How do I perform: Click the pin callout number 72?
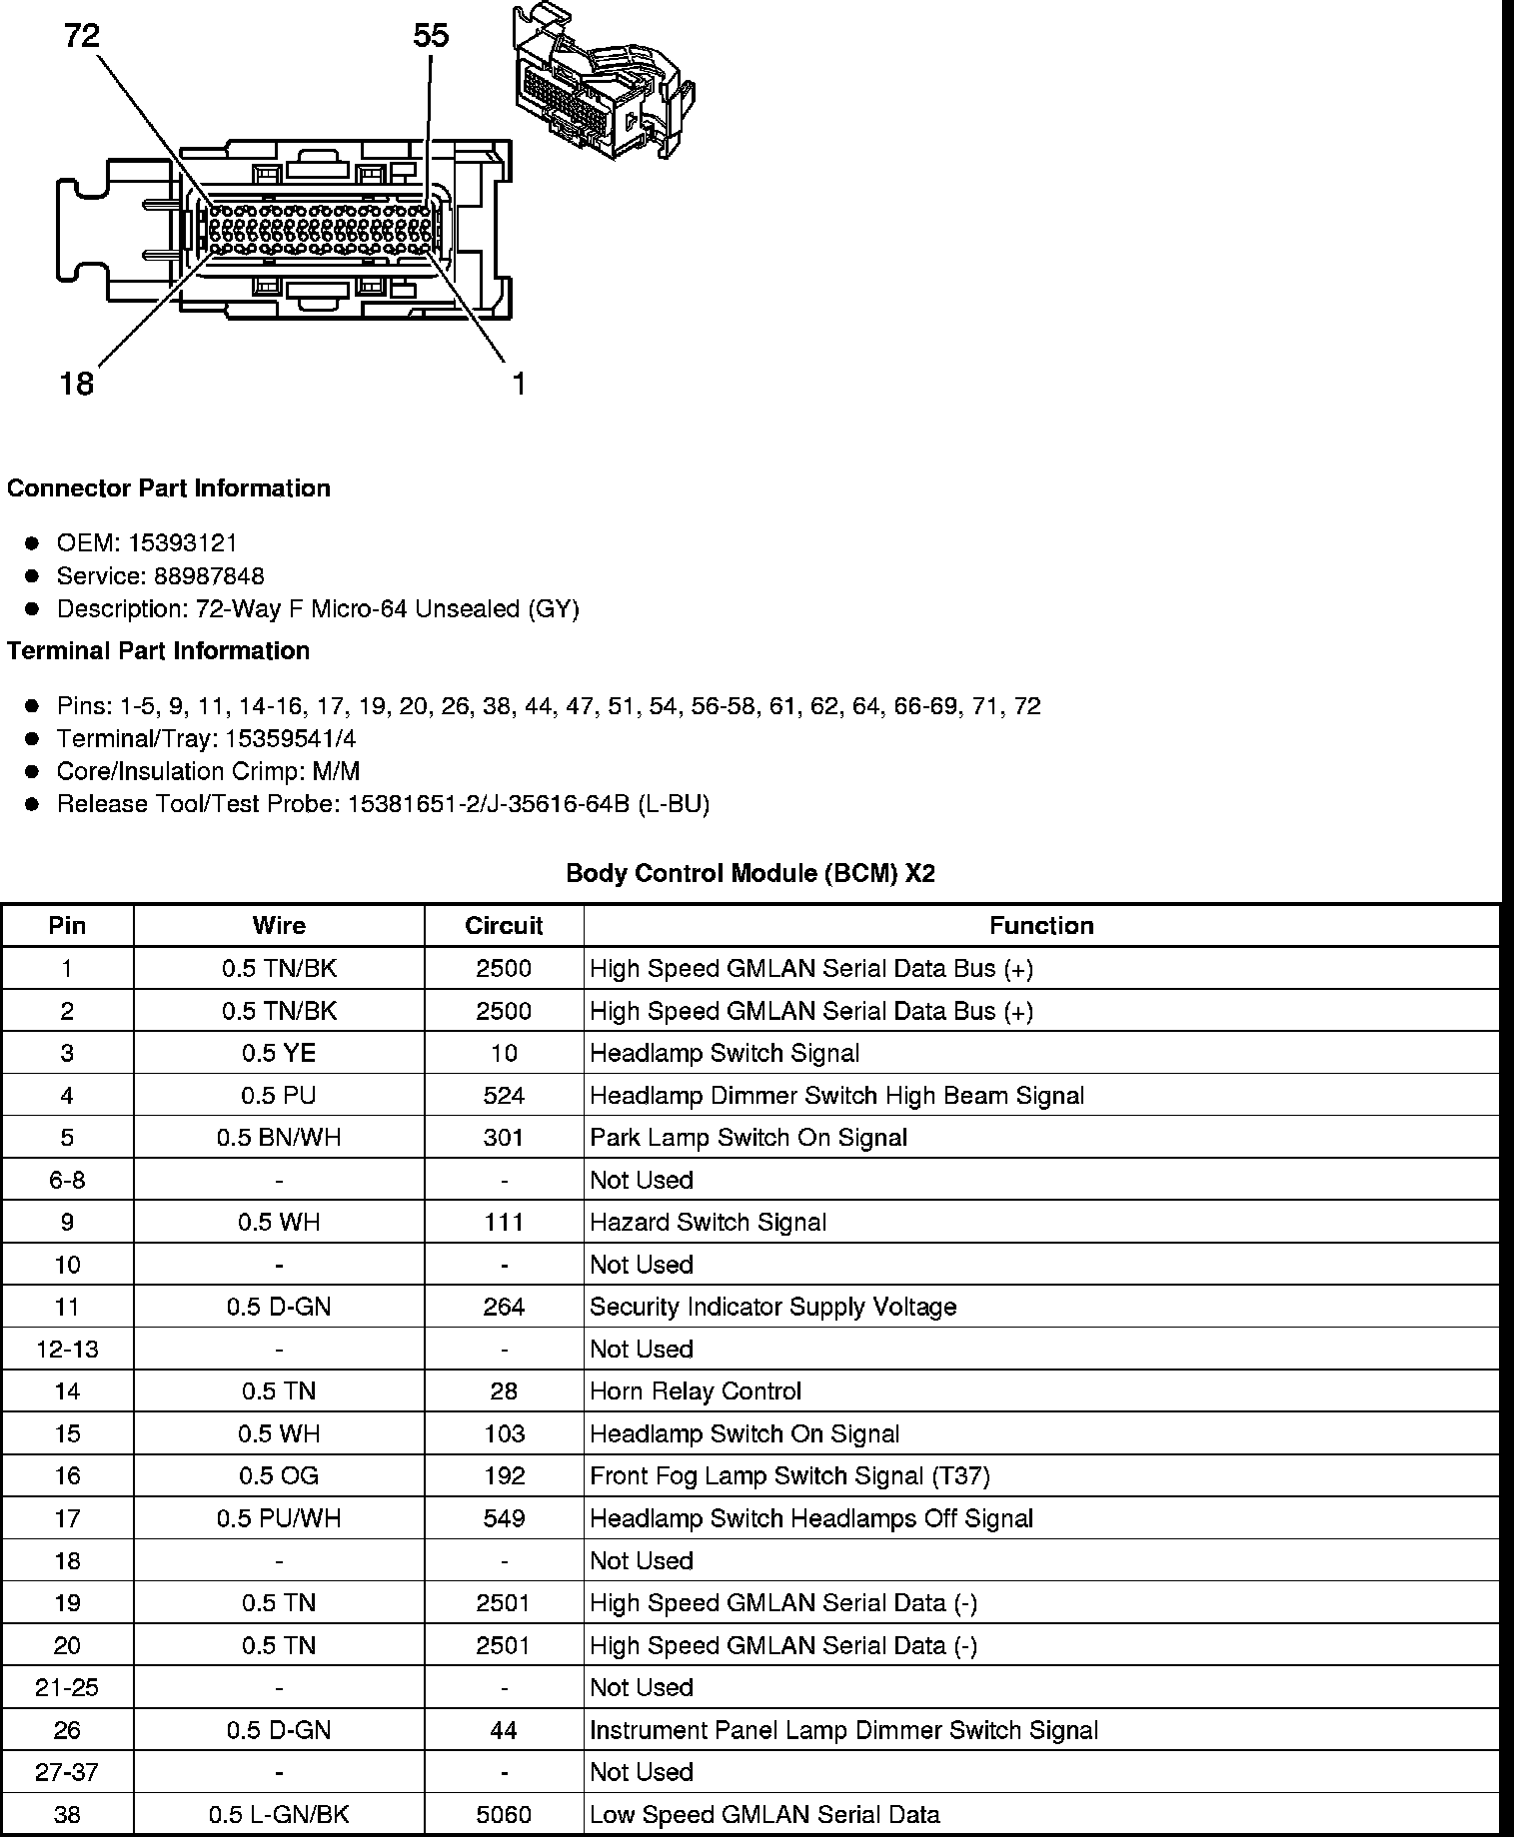coord(82,37)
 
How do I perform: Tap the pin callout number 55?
coord(431,37)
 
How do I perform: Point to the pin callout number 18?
coord(77,384)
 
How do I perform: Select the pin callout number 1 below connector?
coord(519,384)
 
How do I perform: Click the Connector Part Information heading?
coord(169,488)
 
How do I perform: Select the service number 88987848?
coord(209,576)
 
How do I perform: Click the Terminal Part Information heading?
coord(158,651)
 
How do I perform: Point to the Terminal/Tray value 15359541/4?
coord(277,739)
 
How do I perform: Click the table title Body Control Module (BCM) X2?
coord(751,874)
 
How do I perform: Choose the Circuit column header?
coord(504,926)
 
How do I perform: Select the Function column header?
coord(1041,926)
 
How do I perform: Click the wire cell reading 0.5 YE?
coord(279,1054)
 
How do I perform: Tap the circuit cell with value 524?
coord(504,1096)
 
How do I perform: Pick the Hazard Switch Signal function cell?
coord(708,1223)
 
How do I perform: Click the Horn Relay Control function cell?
coord(696,1391)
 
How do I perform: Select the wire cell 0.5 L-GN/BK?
coord(279,1815)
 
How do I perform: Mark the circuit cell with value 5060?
coord(504,1815)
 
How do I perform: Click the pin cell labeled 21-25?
coord(67,1688)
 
